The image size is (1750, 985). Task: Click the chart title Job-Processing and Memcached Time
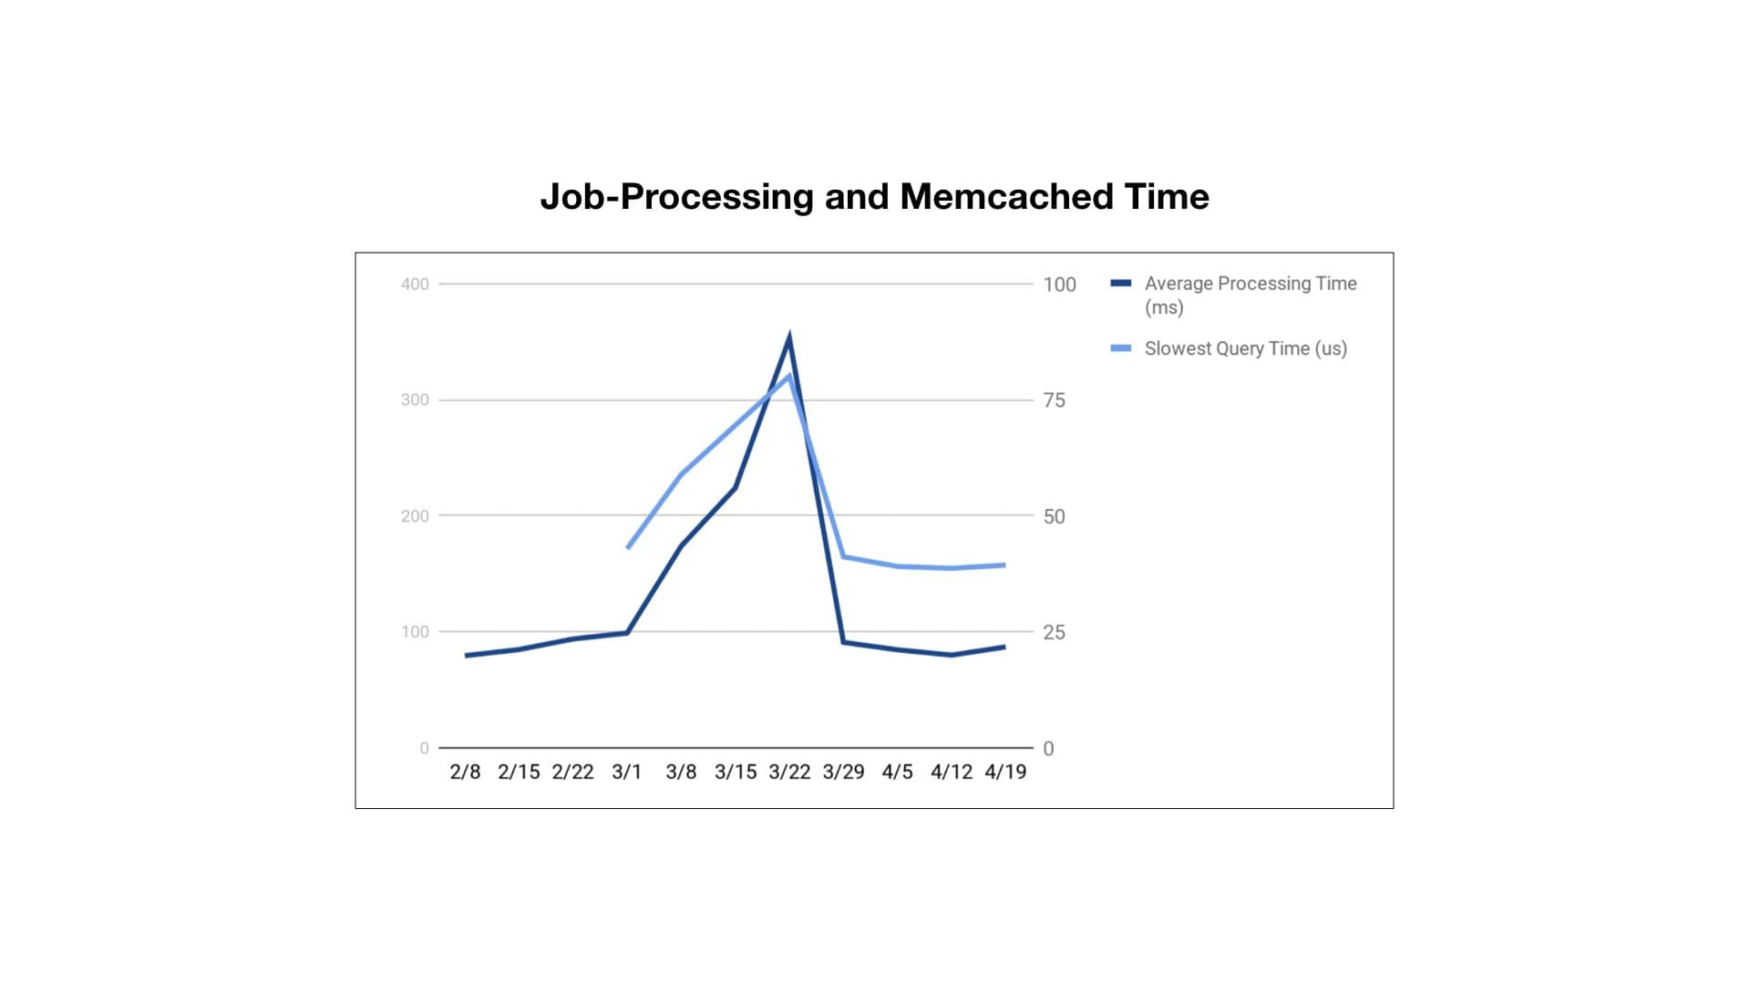[x=874, y=197]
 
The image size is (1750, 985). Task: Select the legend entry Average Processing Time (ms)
[x=1250, y=295]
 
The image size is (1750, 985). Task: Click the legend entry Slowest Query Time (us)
[x=1245, y=348]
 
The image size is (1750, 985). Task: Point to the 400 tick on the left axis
[x=415, y=285]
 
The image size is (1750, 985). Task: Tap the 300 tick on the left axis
[x=415, y=399]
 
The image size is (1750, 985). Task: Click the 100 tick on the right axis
[x=1059, y=285]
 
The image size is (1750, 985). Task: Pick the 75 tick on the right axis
[x=1054, y=400]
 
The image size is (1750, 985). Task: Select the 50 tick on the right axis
[x=1054, y=516]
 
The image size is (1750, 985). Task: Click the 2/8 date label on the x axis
[x=465, y=772]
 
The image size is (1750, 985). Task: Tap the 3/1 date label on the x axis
[x=627, y=772]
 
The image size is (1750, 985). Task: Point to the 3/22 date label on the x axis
[x=789, y=772]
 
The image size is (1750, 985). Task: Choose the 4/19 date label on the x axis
[x=1005, y=772]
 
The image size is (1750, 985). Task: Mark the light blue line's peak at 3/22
[x=789, y=375]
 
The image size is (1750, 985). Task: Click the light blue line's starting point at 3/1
[x=628, y=547]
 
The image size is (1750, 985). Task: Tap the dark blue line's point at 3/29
[x=843, y=642]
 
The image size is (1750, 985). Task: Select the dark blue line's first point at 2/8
[x=466, y=655]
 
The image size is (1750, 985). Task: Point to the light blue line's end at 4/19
[x=1004, y=565]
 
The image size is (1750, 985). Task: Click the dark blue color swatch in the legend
[x=1120, y=284]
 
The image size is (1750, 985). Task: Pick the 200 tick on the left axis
[x=415, y=516]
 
